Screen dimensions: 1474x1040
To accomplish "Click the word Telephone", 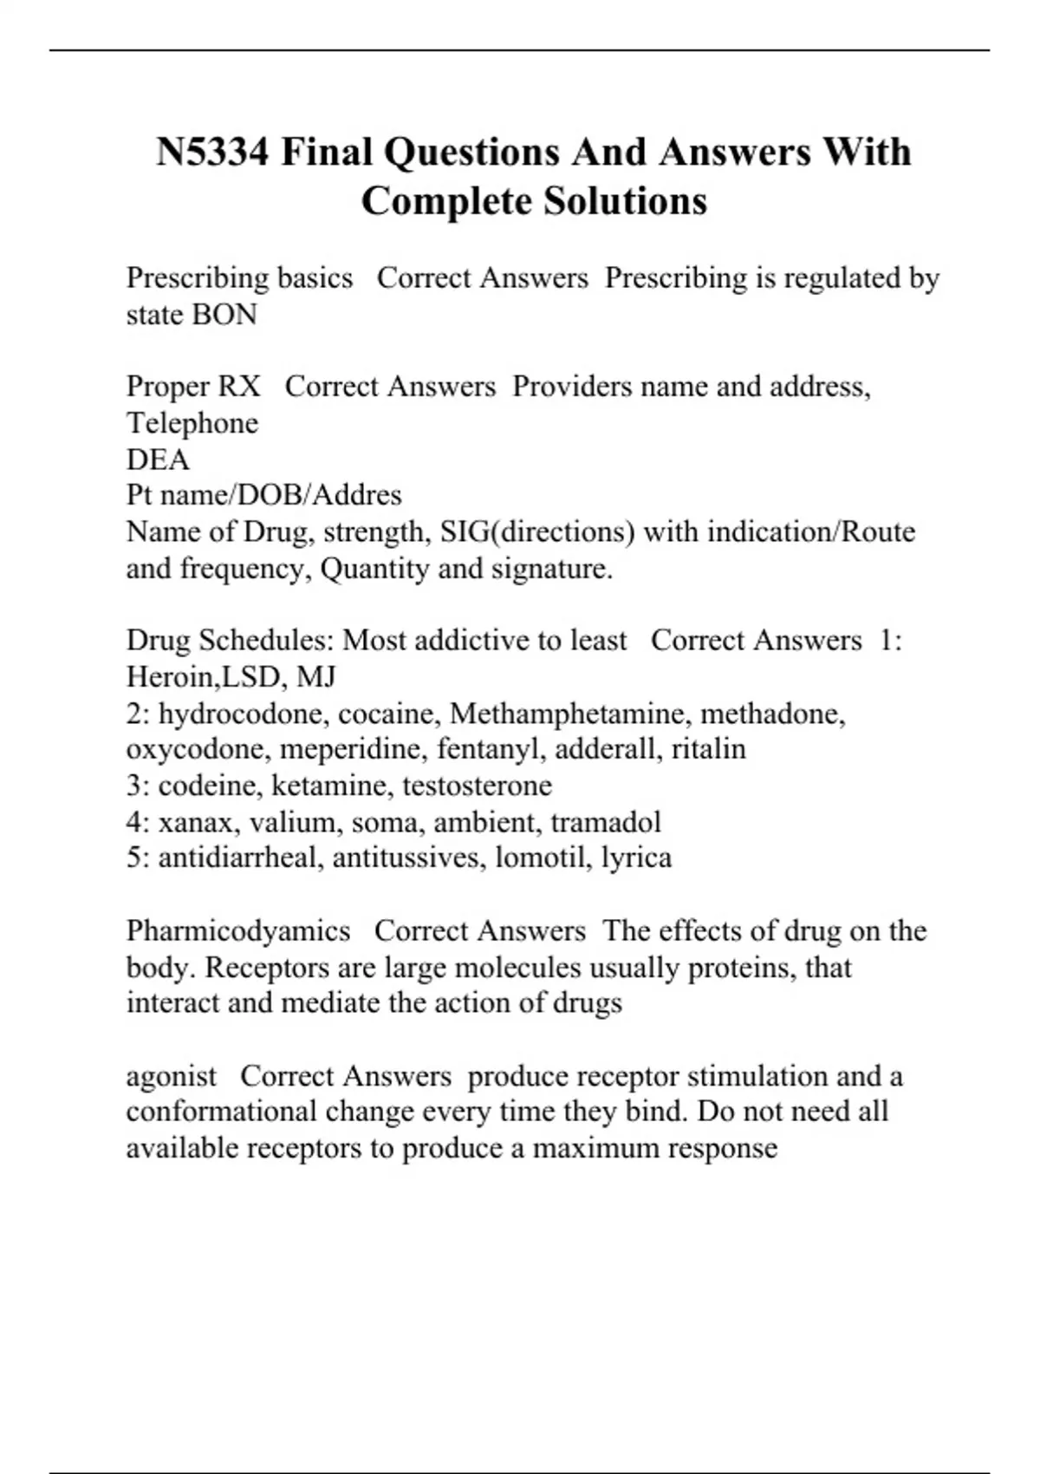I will coord(192,423).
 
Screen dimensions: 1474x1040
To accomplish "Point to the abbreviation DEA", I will coord(158,460).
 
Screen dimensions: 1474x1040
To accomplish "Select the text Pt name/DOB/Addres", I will coord(263,495).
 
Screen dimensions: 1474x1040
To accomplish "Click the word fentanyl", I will coord(491,749).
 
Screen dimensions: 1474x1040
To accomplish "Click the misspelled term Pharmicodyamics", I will coord(238,931).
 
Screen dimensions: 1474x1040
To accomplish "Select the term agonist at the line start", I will coord(171,1076).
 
